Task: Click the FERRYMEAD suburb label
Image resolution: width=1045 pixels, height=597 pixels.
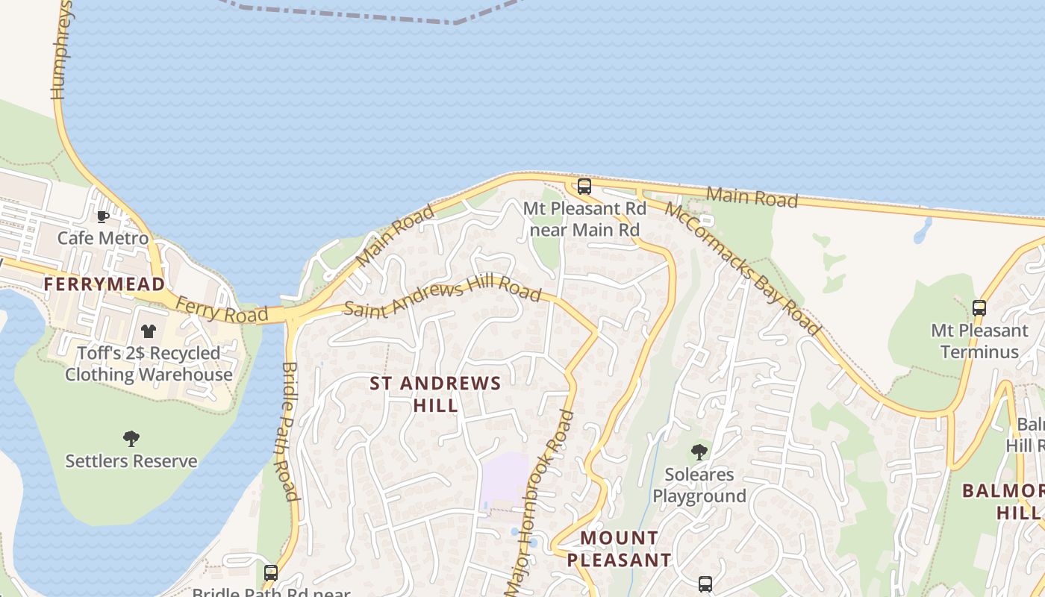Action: click(104, 284)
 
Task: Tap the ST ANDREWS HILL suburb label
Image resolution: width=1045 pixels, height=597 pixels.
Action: click(436, 394)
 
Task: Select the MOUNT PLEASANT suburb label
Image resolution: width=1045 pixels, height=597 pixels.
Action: click(619, 548)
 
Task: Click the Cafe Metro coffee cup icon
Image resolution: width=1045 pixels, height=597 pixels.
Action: click(103, 217)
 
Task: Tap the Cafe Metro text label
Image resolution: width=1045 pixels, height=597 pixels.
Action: click(103, 238)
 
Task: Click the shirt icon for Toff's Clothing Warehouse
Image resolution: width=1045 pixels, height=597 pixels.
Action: click(149, 331)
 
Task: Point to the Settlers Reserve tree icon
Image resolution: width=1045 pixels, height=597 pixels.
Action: click(131, 439)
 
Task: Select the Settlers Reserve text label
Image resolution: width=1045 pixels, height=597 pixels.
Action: click(131, 460)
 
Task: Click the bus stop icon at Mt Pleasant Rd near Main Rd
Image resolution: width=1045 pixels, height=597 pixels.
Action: click(584, 187)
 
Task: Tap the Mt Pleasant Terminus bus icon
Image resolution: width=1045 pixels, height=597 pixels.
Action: click(979, 307)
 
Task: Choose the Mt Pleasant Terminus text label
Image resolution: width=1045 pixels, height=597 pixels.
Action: click(979, 340)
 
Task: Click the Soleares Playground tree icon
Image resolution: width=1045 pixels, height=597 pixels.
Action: click(699, 451)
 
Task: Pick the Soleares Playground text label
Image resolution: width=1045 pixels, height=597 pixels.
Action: click(699, 485)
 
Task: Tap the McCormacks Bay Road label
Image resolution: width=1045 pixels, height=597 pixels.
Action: click(743, 268)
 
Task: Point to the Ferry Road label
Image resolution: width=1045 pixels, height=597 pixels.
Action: click(222, 309)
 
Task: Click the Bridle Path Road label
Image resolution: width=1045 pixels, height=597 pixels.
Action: click(290, 431)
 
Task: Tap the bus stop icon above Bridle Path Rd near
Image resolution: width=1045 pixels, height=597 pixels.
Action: click(270, 573)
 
